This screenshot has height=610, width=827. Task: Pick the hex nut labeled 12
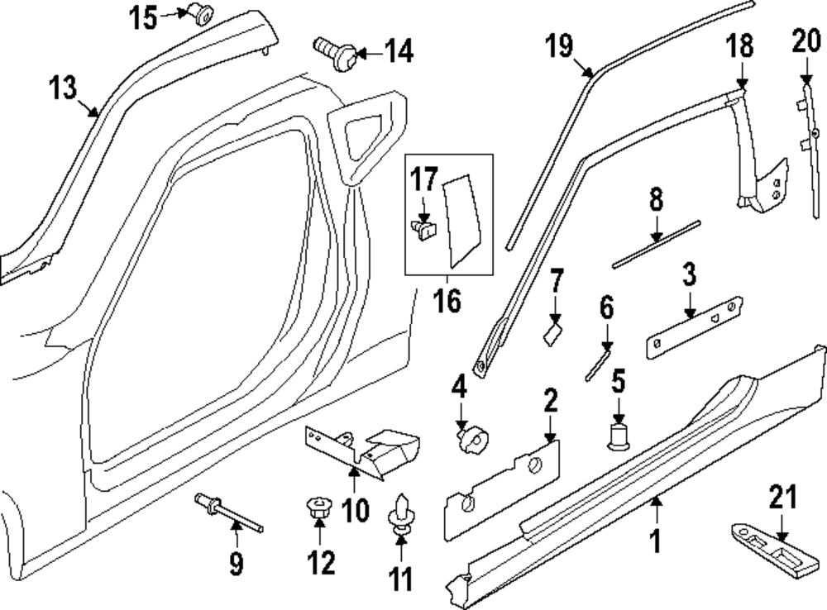pos(318,509)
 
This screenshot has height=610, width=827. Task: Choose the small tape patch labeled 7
pos(553,334)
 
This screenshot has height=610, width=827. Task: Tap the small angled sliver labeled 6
pos(597,363)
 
